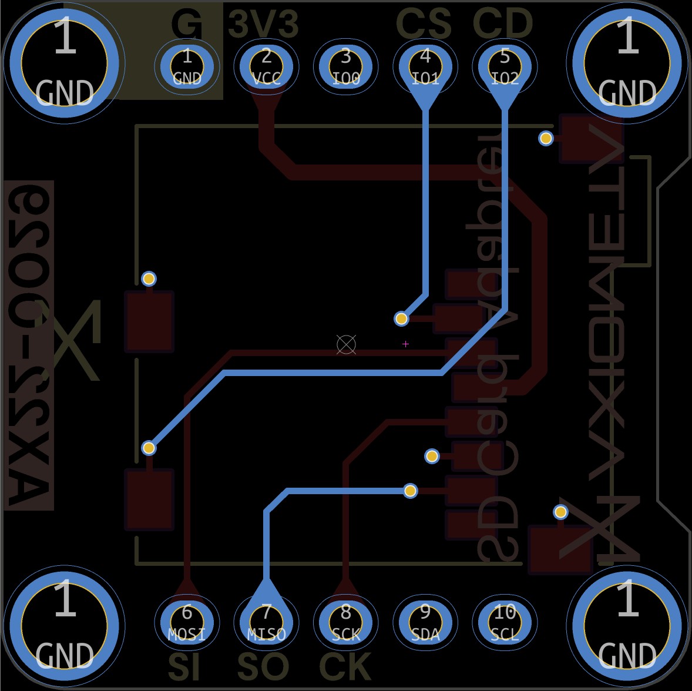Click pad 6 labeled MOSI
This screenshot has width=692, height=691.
[x=187, y=622]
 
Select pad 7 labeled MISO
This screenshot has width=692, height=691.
[x=266, y=622]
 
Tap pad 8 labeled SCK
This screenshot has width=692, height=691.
[x=346, y=622]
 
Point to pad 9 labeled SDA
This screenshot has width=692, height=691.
[x=425, y=622]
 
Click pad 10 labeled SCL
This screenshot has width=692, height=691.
[x=505, y=622]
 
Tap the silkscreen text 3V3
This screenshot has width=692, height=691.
[x=264, y=25]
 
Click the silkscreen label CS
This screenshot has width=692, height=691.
[x=424, y=25]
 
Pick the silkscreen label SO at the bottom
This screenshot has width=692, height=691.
[x=263, y=667]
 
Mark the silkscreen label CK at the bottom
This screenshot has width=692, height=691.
[x=345, y=667]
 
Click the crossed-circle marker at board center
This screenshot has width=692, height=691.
[x=346, y=344]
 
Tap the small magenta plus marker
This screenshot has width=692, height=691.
[x=405, y=344]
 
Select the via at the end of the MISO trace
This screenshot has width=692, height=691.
[x=410, y=491]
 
